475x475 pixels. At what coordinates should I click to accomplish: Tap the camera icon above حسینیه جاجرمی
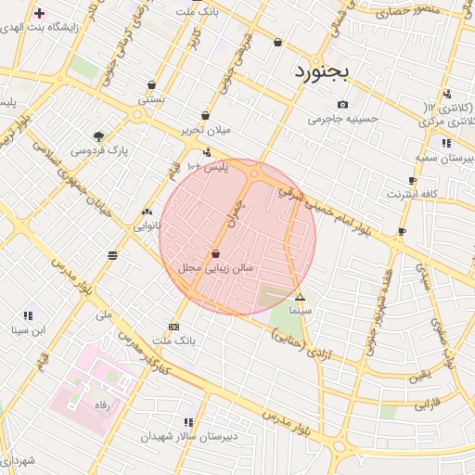click(x=343, y=104)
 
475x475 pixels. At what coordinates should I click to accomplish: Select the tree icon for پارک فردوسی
click(x=99, y=135)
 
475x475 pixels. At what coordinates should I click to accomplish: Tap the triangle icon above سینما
click(x=300, y=297)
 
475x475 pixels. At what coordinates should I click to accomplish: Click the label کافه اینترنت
click(x=412, y=194)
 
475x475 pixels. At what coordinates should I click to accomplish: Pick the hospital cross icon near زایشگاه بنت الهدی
click(x=38, y=14)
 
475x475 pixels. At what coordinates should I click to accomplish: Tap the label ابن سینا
click(x=27, y=330)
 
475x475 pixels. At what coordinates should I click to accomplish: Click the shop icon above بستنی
click(x=151, y=84)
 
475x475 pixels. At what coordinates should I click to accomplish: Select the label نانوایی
click(x=147, y=225)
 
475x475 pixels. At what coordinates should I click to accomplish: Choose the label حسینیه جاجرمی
click(x=343, y=119)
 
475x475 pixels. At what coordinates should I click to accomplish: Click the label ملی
click(x=104, y=315)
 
